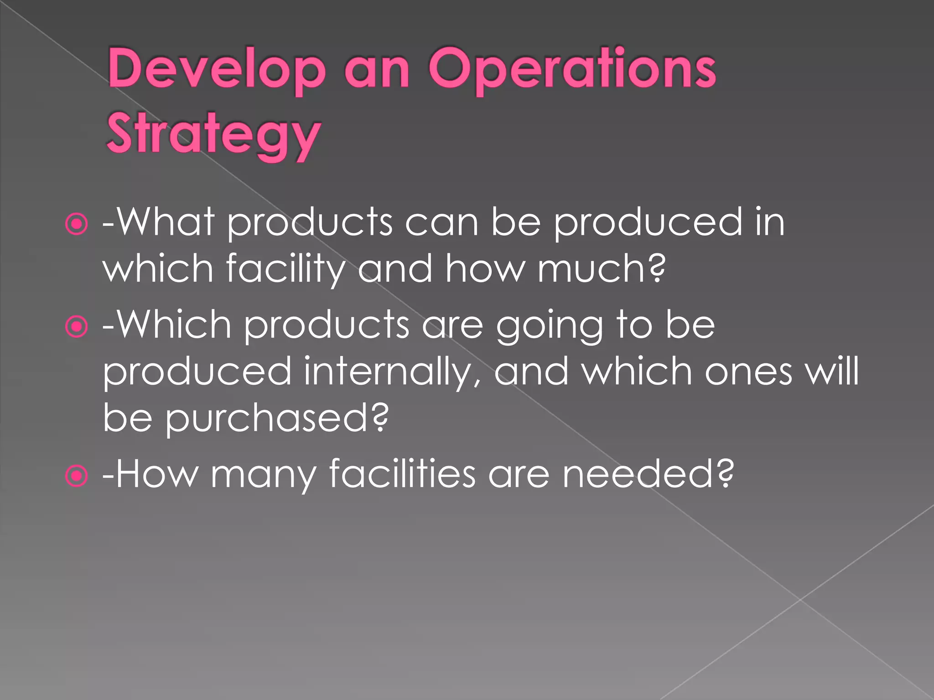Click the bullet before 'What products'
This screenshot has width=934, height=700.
click(76, 224)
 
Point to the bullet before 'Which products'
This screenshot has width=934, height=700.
click(76, 326)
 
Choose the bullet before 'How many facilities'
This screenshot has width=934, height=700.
click(76, 476)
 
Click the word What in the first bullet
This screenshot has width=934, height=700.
click(165, 222)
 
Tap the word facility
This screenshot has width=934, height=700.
click(285, 269)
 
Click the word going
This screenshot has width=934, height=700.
click(549, 326)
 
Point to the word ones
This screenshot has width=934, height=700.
click(748, 372)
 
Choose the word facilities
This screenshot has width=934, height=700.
click(402, 474)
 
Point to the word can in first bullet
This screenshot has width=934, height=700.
click(441, 223)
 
